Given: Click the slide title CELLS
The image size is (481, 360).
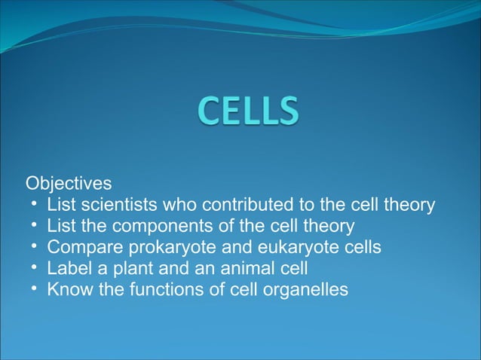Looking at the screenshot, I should tap(249, 114).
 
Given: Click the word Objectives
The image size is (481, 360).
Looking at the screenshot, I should tap(69, 183).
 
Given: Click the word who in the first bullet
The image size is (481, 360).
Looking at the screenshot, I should tap(175, 204).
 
